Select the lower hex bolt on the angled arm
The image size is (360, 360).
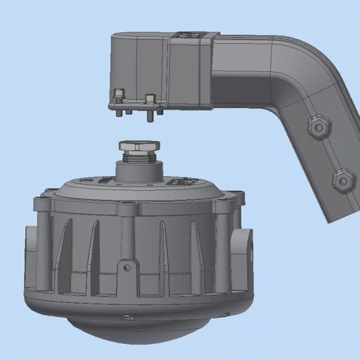click(343, 179)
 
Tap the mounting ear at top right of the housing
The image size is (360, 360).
click(238, 198)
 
